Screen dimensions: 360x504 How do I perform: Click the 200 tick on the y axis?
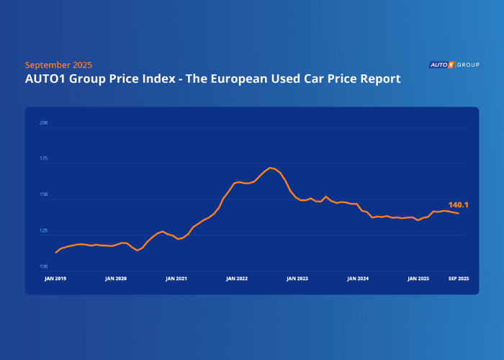(x=43, y=123)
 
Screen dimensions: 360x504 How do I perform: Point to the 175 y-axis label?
(x=43, y=158)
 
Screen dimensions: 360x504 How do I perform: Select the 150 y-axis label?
(x=43, y=195)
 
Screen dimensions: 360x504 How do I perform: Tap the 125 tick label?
(x=43, y=231)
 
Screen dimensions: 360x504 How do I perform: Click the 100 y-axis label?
(x=43, y=267)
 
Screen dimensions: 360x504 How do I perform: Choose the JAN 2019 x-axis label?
(x=55, y=278)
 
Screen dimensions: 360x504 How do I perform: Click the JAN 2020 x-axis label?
(x=116, y=278)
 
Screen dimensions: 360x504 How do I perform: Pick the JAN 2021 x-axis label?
(x=176, y=278)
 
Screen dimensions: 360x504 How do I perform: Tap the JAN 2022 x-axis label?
(x=237, y=278)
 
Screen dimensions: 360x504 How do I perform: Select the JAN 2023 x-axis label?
(x=297, y=278)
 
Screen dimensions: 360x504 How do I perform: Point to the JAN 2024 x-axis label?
(x=358, y=278)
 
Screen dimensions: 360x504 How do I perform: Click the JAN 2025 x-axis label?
(x=418, y=278)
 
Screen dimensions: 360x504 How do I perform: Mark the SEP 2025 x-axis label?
(x=459, y=278)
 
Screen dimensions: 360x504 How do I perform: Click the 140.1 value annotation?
(x=459, y=204)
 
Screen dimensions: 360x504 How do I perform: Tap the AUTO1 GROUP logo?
(x=454, y=65)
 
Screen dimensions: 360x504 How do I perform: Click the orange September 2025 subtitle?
(x=58, y=65)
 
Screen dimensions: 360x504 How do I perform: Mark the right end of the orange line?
(x=459, y=213)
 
